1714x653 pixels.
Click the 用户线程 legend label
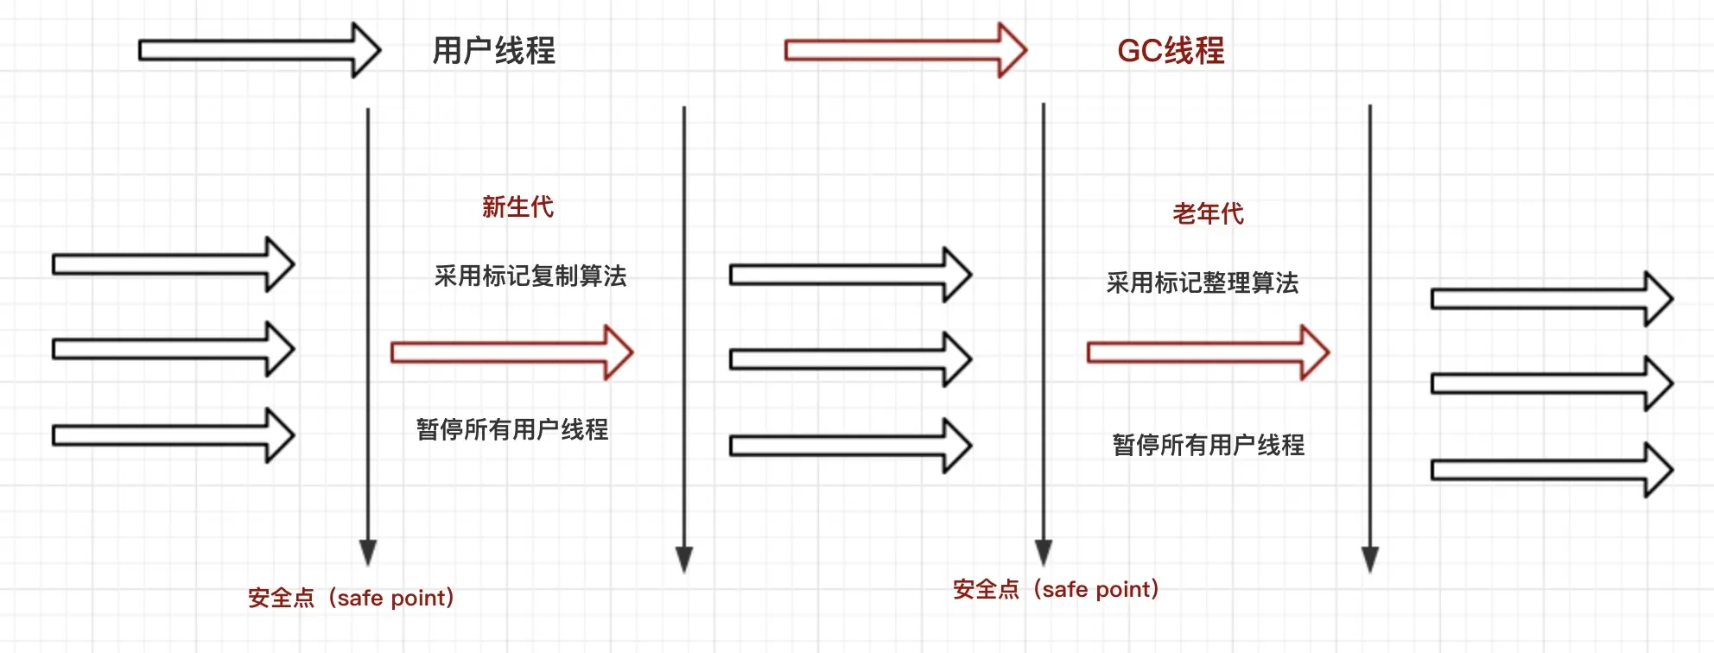[493, 51]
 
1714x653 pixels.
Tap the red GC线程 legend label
[1171, 51]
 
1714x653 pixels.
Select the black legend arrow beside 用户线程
[259, 50]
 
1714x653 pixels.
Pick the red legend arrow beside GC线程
[905, 50]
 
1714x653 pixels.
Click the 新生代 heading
[517, 207]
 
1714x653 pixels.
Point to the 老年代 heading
[1208, 213]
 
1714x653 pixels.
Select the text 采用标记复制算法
[530, 276]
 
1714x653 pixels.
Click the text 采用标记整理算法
[1203, 283]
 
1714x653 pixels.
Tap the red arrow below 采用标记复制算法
[511, 352]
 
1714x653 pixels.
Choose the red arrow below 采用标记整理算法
[1208, 352]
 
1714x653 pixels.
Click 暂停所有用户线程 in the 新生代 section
[512, 429]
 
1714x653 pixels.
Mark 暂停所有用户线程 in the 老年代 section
[1209, 445]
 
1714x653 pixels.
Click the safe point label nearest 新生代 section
[351, 598]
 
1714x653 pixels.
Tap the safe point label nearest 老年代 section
[1056, 589]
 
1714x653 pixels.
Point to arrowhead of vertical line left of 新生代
[368, 552]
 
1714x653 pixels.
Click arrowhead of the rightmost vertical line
[1370, 559]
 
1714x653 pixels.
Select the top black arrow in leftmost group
[173, 264]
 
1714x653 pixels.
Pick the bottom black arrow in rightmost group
[1552, 470]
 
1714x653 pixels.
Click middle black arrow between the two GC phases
[850, 359]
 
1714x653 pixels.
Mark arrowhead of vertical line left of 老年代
[1044, 552]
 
